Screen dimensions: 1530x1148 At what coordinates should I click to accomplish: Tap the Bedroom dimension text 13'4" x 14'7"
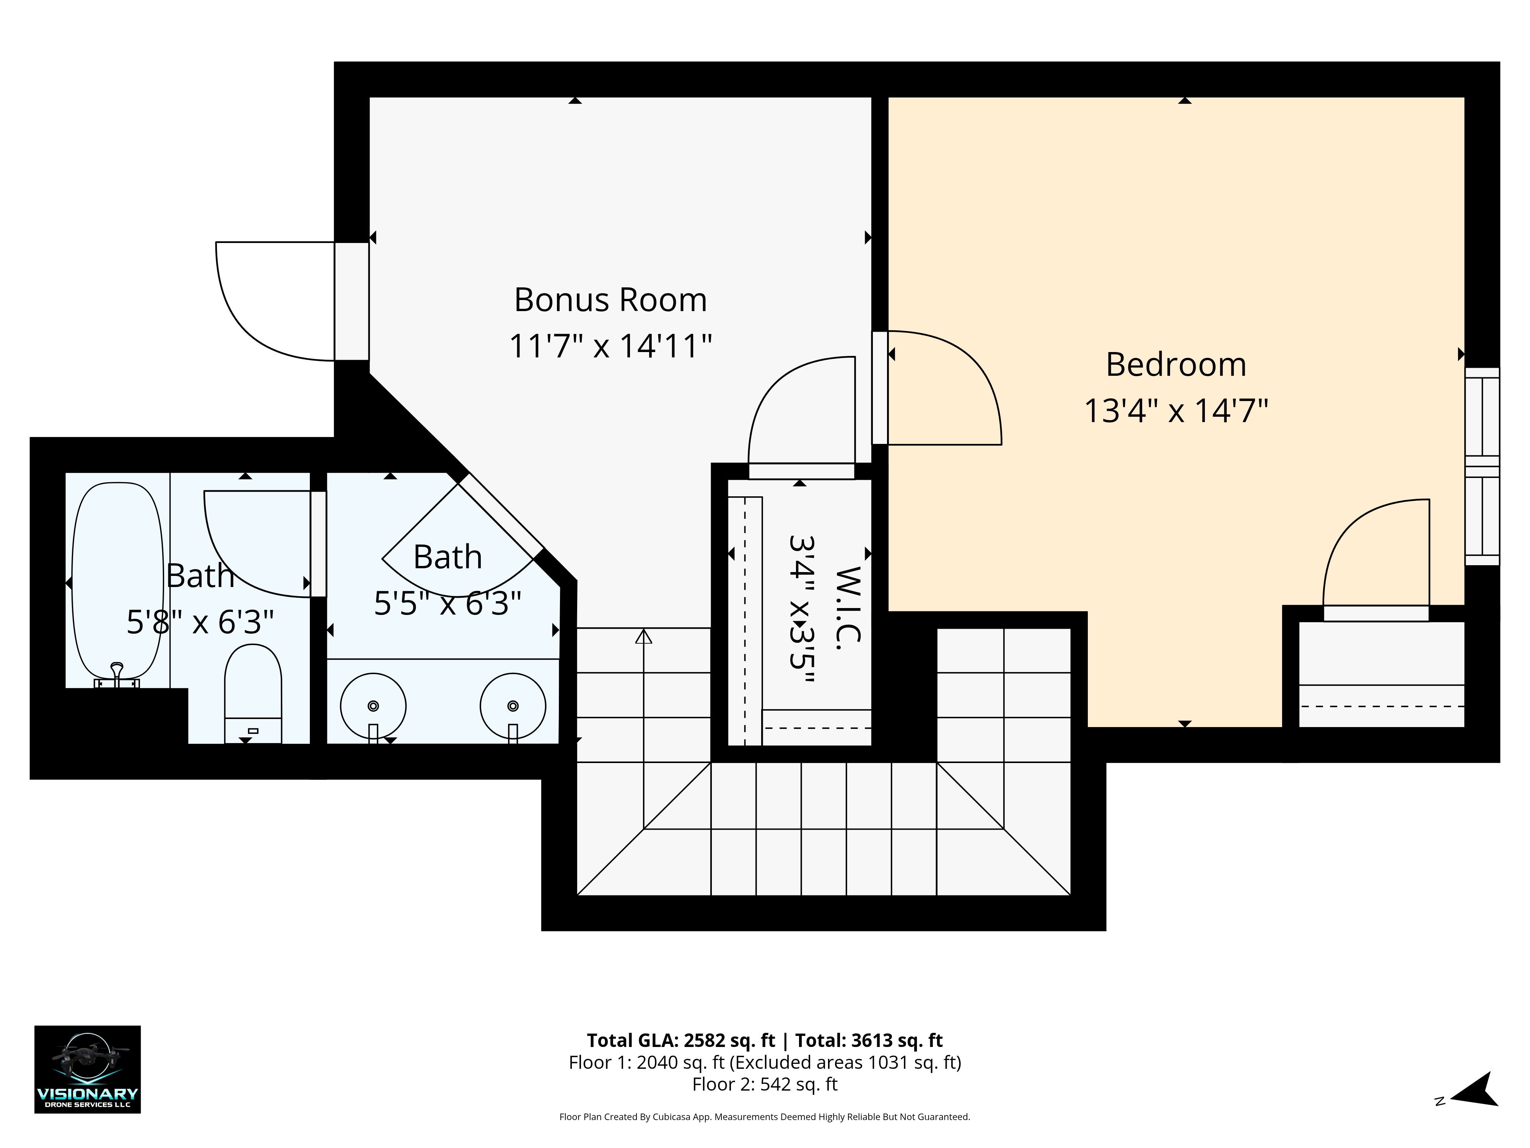(1176, 410)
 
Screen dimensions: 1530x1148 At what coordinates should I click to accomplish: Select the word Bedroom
(1176, 365)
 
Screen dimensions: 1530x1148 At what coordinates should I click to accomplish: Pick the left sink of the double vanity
(373, 706)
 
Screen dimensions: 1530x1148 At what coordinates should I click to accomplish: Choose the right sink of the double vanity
(513, 706)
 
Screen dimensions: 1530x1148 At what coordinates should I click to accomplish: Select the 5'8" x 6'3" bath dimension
(200, 622)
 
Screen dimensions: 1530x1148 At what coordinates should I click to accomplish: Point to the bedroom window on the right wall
(1482, 466)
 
